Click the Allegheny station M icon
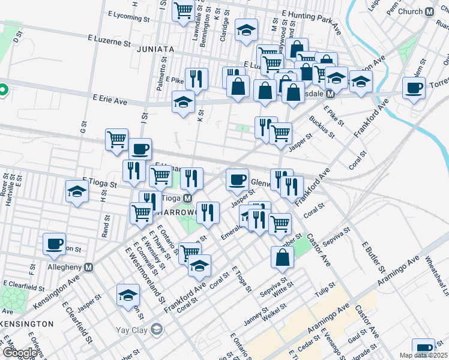pyautogui.click(x=89, y=267)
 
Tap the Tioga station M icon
pyautogui.click(x=187, y=199)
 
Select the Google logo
pyautogui.click(x=19, y=353)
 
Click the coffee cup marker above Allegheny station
pyautogui.click(x=54, y=244)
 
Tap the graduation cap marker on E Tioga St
pyautogui.click(x=77, y=191)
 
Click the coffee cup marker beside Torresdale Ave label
pyautogui.click(x=414, y=89)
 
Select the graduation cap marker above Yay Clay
pyautogui.click(x=128, y=295)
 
